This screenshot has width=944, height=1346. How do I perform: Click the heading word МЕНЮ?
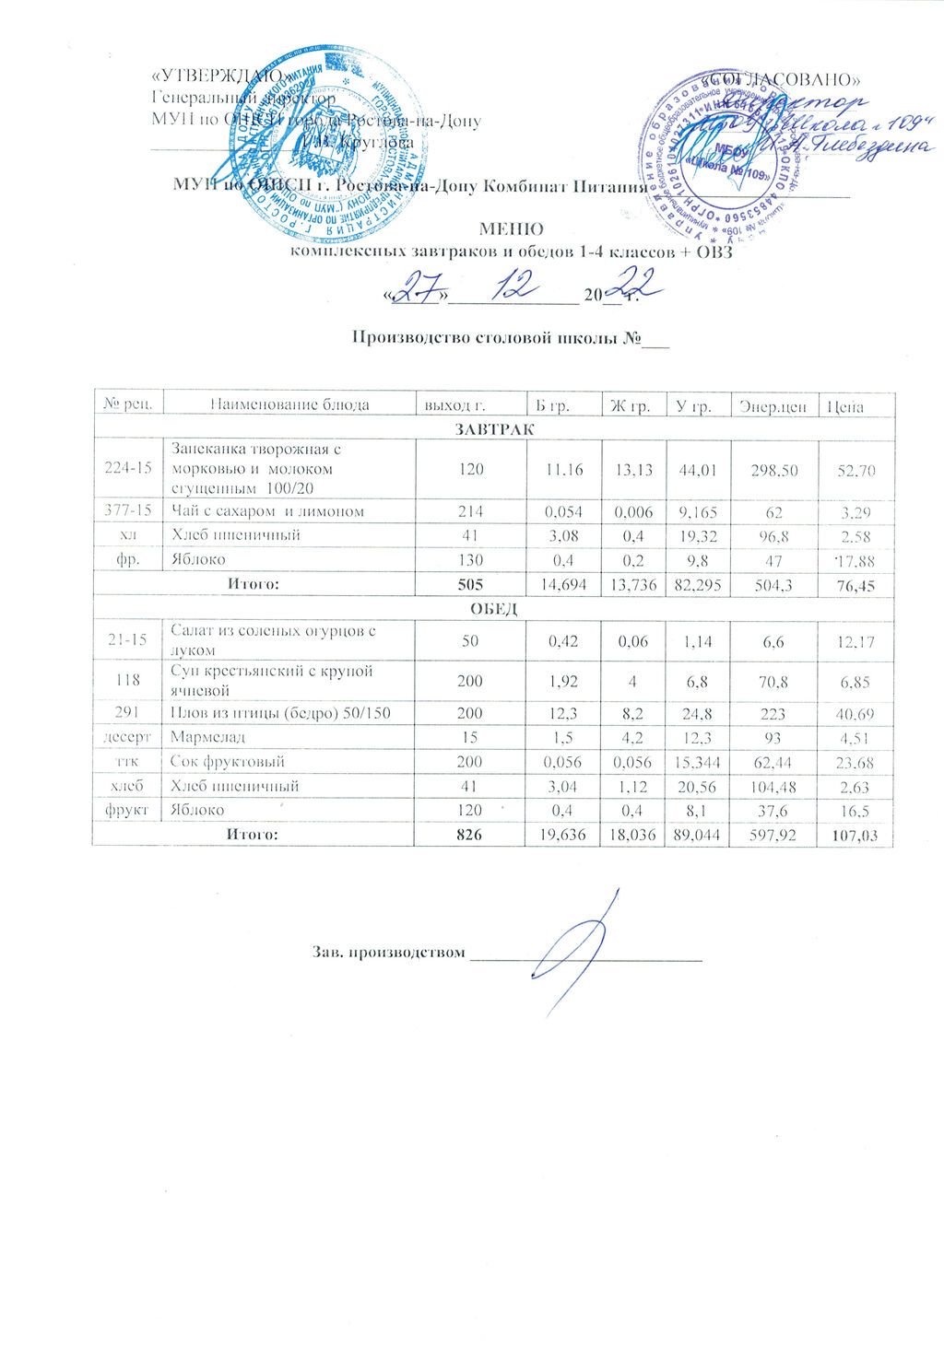[511, 229]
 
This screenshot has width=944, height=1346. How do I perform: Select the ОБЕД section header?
[495, 609]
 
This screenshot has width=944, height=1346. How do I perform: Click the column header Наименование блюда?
[289, 404]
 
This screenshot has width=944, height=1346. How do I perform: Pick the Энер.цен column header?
[773, 405]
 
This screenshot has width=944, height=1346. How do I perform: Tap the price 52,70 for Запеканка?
[855, 471]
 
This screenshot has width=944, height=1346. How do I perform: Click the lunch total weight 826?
[470, 835]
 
